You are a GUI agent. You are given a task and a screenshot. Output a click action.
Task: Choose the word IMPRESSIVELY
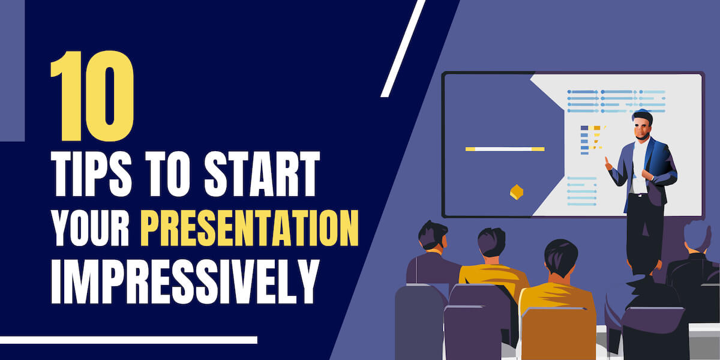[x=183, y=282]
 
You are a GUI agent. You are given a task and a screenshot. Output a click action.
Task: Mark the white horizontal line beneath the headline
[x=128, y=340]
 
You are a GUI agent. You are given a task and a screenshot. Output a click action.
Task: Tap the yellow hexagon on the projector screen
[x=516, y=192]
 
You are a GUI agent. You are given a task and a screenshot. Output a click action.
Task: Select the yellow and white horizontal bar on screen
[x=505, y=149]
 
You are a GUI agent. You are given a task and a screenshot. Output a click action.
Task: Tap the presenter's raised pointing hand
[x=608, y=162]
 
